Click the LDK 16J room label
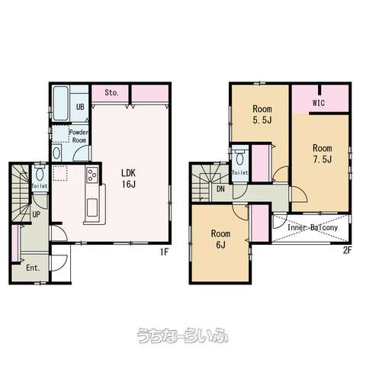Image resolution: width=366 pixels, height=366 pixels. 129,178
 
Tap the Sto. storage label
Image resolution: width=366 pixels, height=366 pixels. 111,93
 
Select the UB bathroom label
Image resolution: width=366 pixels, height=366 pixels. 80,107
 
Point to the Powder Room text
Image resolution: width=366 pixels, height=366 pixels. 79,136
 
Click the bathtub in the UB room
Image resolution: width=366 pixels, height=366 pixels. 61,104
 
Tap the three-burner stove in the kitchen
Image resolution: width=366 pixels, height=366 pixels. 92,175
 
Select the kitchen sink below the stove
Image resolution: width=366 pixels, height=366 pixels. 91,207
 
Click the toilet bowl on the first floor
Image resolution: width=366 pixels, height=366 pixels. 40,174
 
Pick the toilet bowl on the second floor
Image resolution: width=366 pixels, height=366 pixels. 239,159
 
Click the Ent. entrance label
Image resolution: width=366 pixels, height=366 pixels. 33,268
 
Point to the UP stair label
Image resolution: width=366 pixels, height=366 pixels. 36,215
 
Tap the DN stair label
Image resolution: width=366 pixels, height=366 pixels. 220,189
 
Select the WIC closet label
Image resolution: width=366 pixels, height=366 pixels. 319,103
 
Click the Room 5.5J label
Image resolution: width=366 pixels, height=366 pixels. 262,114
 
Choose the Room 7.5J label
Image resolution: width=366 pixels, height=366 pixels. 323,153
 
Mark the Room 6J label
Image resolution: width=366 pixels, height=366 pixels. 220,239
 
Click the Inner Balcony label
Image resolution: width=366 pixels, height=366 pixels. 313,227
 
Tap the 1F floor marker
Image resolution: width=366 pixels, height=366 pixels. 165,252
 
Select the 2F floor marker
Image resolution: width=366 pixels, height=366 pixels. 347,251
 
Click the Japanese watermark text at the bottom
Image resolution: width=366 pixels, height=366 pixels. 183,335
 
